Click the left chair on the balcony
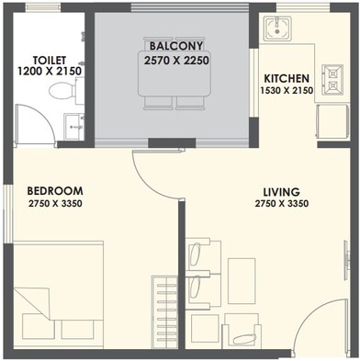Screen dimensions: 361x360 tap(158, 102)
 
